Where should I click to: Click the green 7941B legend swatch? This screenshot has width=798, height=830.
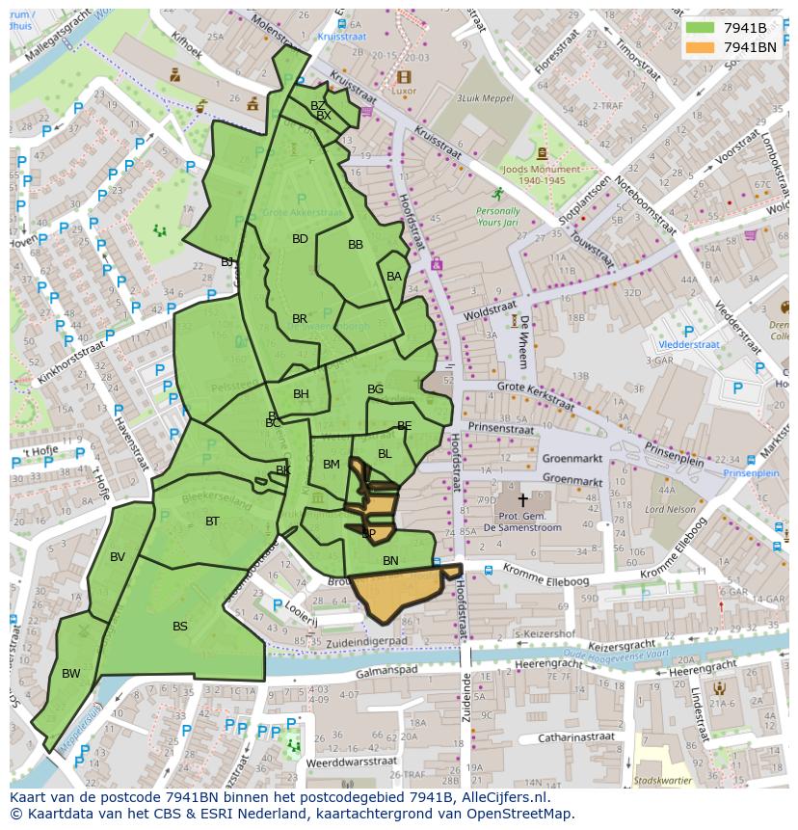[x=701, y=27]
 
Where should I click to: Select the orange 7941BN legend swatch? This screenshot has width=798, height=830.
[x=701, y=46]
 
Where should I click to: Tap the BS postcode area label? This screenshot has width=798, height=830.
[x=180, y=627]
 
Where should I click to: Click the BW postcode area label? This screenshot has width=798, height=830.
[x=71, y=674]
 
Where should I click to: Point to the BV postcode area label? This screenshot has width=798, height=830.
[x=118, y=557]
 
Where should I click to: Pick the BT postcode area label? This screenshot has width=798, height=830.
[x=213, y=522]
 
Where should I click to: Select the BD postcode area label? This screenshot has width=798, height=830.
[x=300, y=239]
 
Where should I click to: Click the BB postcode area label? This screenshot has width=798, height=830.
[x=356, y=245]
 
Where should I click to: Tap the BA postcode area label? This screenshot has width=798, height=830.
[x=393, y=277]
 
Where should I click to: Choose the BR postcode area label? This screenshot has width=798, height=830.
[x=300, y=319]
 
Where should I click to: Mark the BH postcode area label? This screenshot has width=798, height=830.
[x=301, y=394]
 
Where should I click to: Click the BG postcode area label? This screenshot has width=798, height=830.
[x=375, y=389]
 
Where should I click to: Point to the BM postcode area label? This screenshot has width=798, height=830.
[x=332, y=465]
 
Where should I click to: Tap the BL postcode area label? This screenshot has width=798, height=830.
[x=385, y=454]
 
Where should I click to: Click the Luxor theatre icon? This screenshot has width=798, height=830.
[x=403, y=77]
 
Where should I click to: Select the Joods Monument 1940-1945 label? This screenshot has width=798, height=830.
[x=541, y=174]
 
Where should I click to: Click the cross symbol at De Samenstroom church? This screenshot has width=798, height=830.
[x=523, y=500]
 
